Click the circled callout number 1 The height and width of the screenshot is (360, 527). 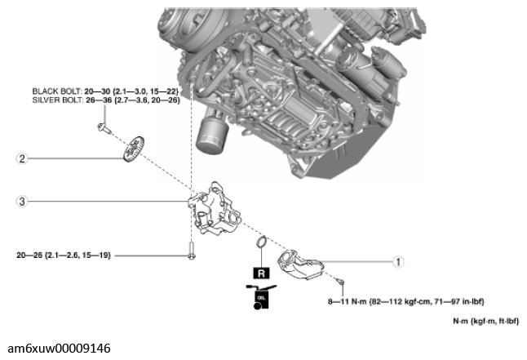[397, 262]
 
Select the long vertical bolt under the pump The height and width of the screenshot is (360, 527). [190, 251]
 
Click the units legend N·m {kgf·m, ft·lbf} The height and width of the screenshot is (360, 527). [485, 321]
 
